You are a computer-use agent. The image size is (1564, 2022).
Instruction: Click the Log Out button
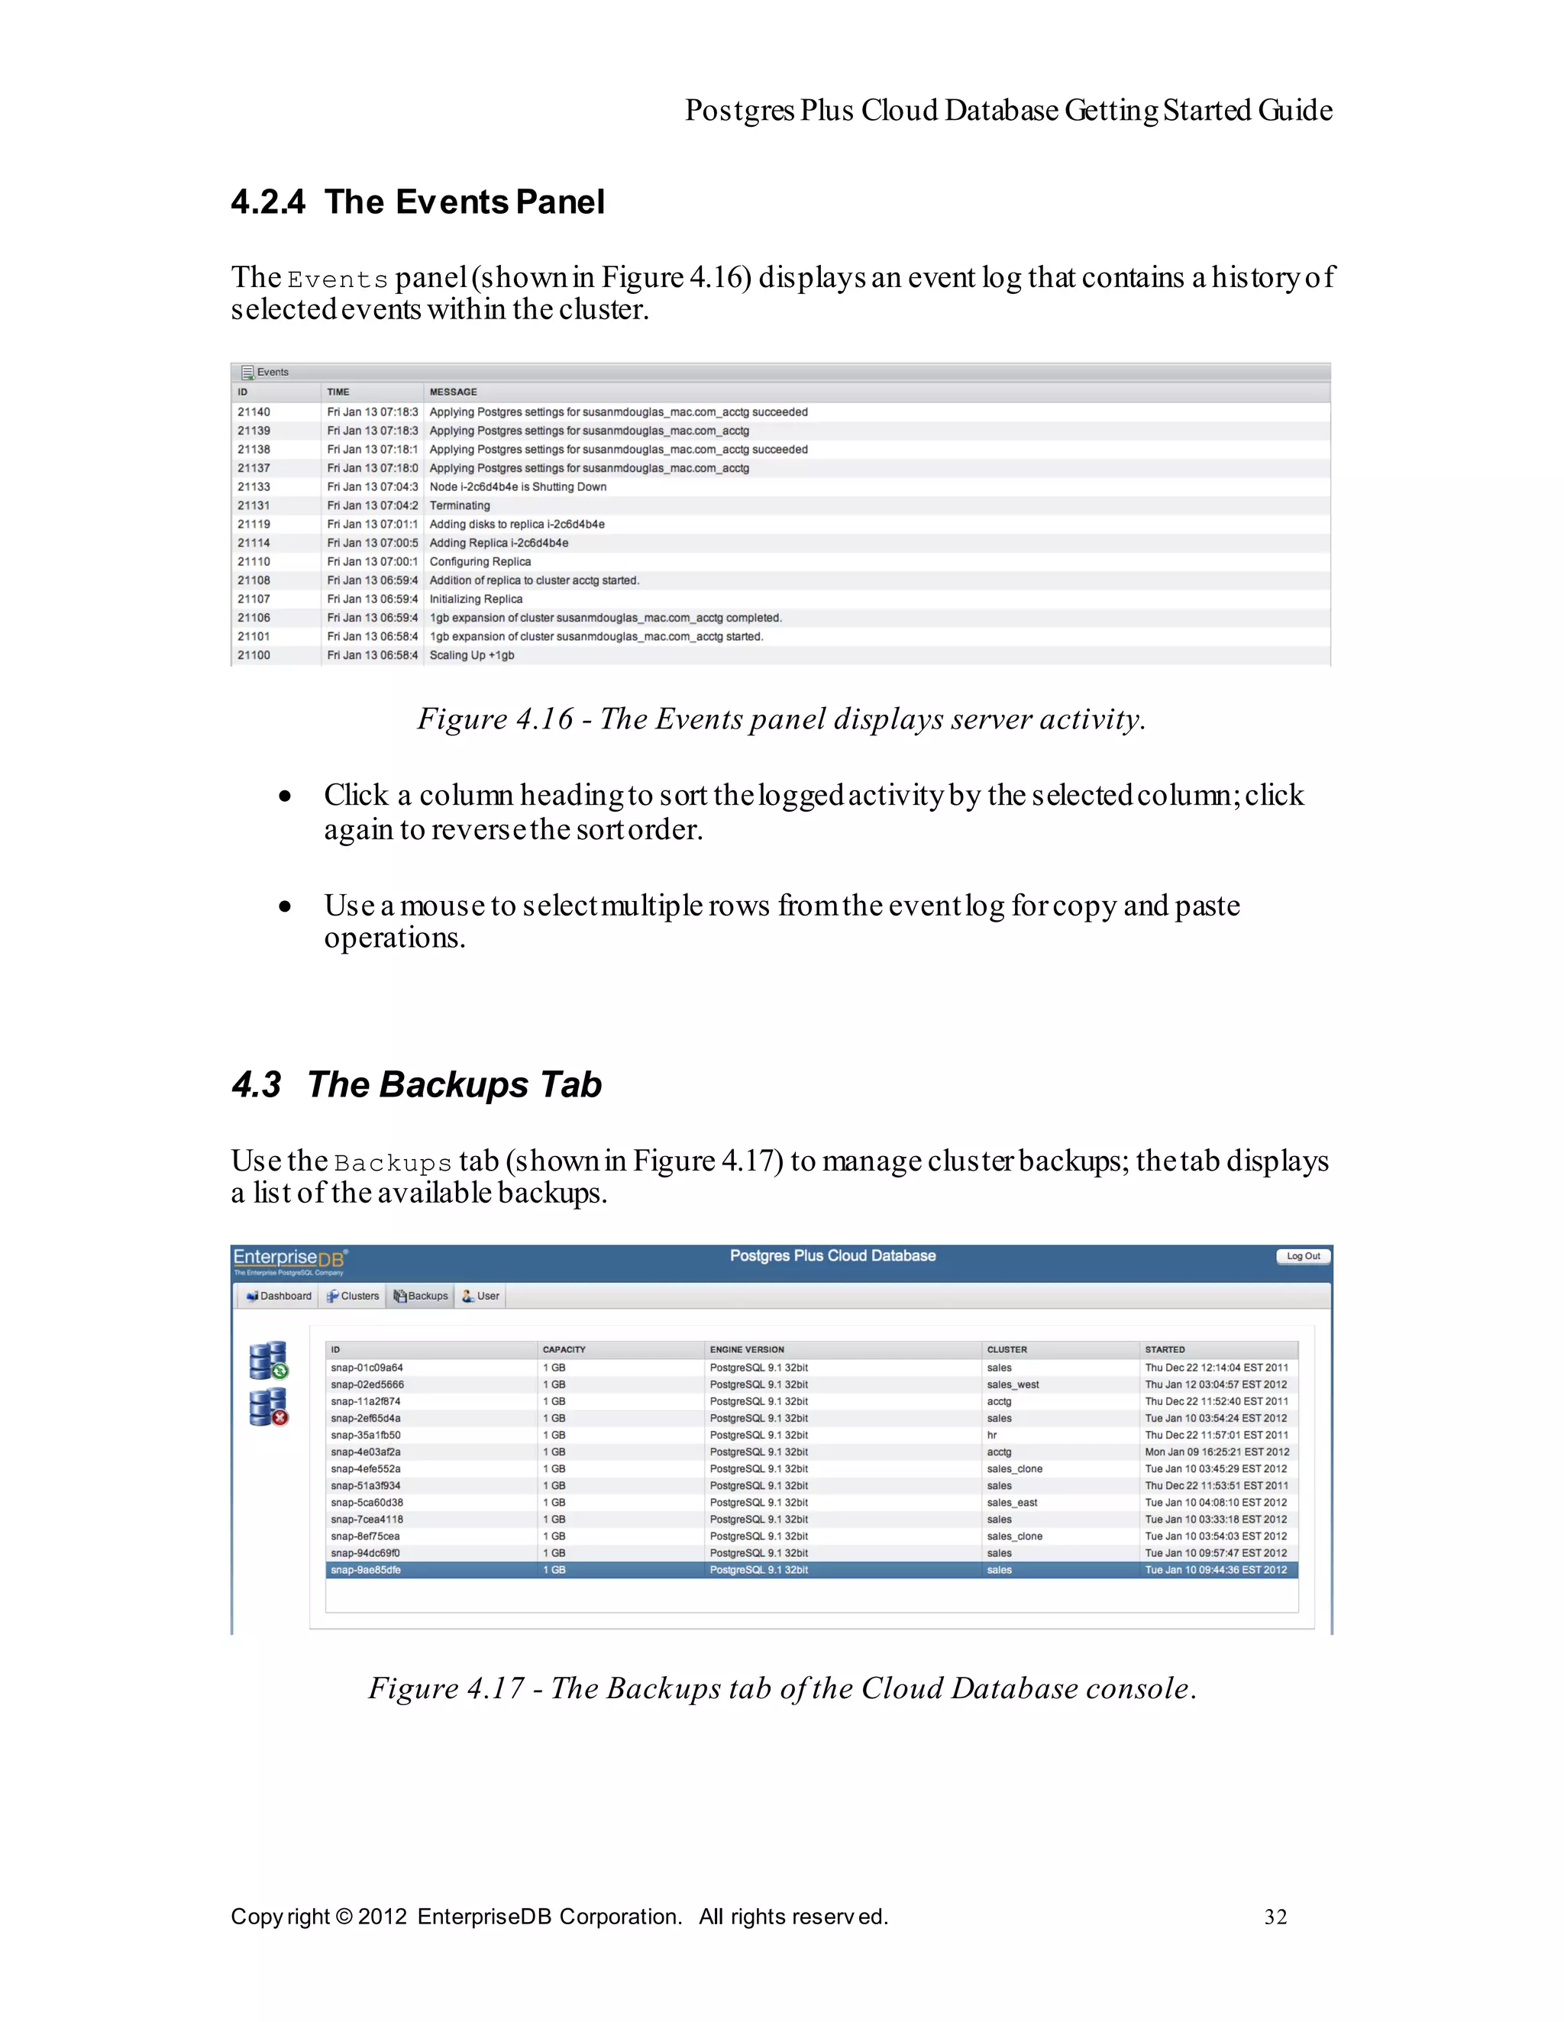pyautogui.click(x=1303, y=1256)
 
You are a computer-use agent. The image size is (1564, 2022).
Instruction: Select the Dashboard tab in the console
pyautogui.click(x=279, y=1296)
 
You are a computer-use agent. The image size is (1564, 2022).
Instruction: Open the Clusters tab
pyautogui.click(x=354, y=1296)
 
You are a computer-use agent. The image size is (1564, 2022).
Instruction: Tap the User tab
pyautogui.click(x=482, y=1296)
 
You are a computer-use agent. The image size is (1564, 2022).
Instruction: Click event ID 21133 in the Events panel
pyautogui.click(x=254, y=487)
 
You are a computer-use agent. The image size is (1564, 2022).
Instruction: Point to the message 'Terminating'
pyautogui.click(x=459, y=506)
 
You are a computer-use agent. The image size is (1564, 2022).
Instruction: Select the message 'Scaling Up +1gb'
pyautogui.click(x=471, y=655)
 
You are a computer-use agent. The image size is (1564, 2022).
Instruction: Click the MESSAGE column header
pyautogui.click(x=453, y=392)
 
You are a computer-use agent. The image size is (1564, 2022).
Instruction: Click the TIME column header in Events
pyautogui.click(x=338, y=392)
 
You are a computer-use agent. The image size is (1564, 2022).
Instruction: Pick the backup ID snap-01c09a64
pyautogui.click(x=367, y=1368)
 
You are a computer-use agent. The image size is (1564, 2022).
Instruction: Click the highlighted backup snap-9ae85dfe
pyautogui.click(x=366, y=1570)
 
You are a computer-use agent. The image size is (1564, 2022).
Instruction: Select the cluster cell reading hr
pyautogui.click(x=992, y=1435)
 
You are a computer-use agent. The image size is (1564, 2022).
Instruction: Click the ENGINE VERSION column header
pyautogui.click(x=746, y=1350)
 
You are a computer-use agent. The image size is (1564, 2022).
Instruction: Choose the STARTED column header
pyautogui.click(x=1164, y=1350)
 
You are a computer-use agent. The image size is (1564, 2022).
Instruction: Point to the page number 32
pyautogui.click(x=1275, y=1917)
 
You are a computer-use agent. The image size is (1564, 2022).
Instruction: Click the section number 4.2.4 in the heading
pyautogui.click(x=267, y=202)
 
